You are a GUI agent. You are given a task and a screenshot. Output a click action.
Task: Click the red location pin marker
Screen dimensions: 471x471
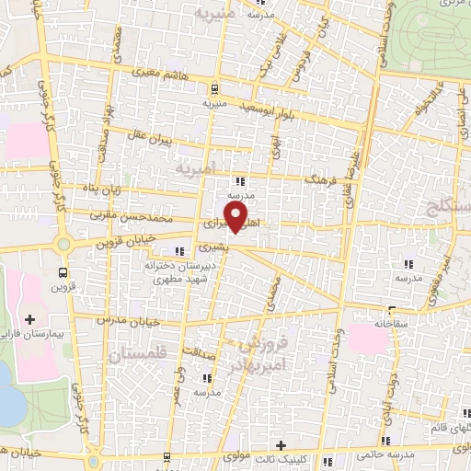(x=237, y=218)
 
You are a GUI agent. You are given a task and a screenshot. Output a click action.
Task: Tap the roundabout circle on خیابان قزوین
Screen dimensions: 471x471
(x=63, y=246)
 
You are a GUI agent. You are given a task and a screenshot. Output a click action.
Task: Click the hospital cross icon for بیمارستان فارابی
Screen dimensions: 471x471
(x=30, y=319)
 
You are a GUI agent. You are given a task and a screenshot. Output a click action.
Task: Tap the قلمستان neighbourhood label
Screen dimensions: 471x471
(x=137, y=355)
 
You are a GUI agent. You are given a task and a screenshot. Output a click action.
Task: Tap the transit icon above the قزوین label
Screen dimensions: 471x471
(x=63, y=272)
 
